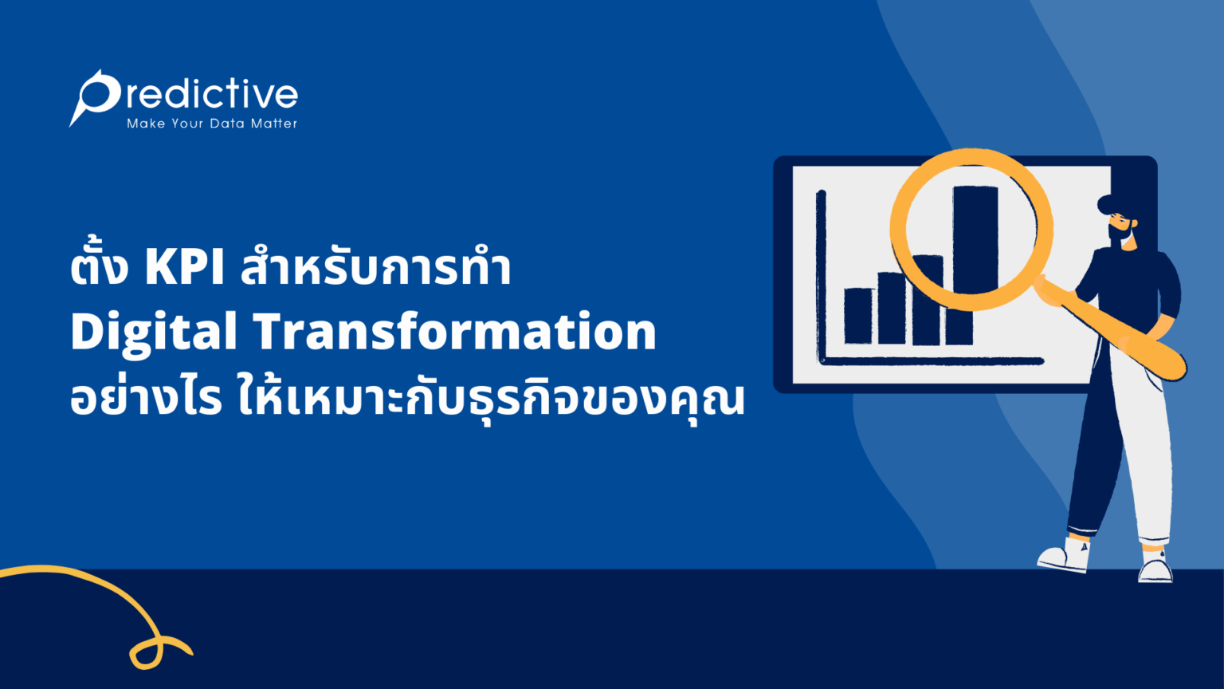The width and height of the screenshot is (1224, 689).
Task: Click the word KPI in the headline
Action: point(184,268)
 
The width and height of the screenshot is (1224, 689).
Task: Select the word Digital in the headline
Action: point(153,333)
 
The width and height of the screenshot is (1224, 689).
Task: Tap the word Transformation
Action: point(455,332)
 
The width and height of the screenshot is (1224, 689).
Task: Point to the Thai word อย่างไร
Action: point(145,399)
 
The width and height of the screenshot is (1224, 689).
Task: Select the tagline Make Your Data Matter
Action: point(212,124)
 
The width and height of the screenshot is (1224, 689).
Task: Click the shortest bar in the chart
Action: point(858,316)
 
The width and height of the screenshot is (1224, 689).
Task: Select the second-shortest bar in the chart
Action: point(892,309)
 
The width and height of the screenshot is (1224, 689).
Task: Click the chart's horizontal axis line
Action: point(932,361)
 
